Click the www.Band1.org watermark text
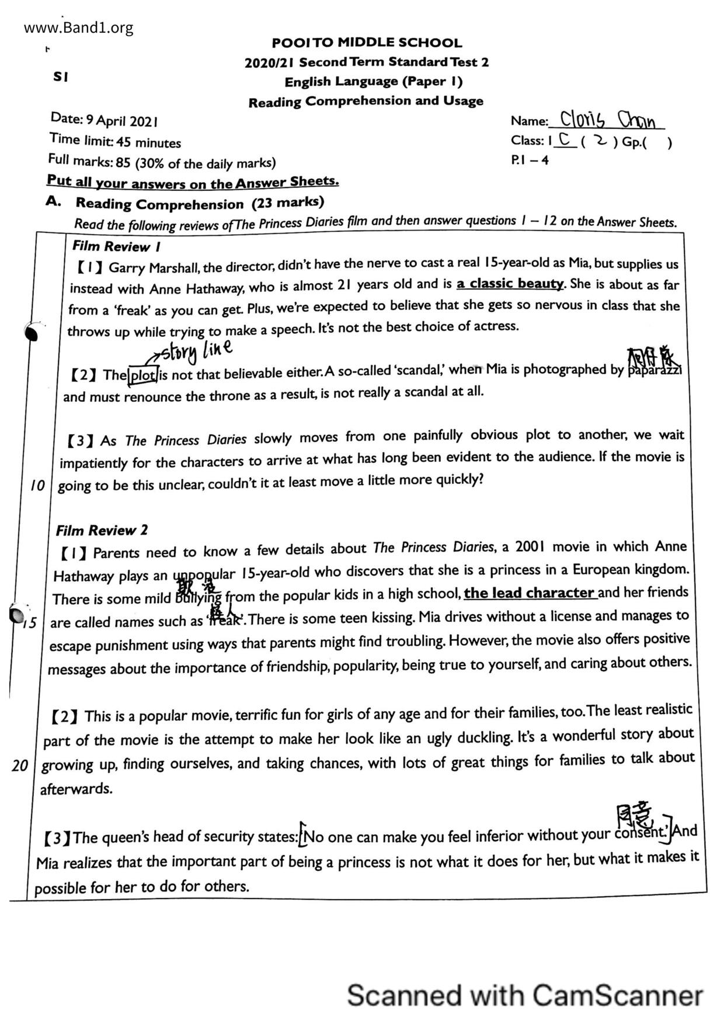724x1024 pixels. [x=79, y=27]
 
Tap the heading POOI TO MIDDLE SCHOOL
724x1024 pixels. [x=367, y=43]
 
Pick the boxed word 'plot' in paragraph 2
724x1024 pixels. [x=142, y=375]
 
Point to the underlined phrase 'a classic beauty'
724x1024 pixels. [x=510, y=284]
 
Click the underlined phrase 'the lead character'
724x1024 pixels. [x=530, y=593]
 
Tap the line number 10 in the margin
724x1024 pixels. [x=37, y=485]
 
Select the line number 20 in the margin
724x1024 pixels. [x=19, y=765]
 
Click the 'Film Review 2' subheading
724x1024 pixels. [x=102, y=530]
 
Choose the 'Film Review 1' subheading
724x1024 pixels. [x=116, y=246]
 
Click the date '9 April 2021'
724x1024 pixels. [x=122, y=121]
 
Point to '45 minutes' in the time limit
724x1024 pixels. [x=148, y=142]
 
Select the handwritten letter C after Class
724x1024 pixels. [x=564, y=140]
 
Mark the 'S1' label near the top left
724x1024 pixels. [x=61, y=76]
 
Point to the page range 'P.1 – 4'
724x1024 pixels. [x=530, y=159]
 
